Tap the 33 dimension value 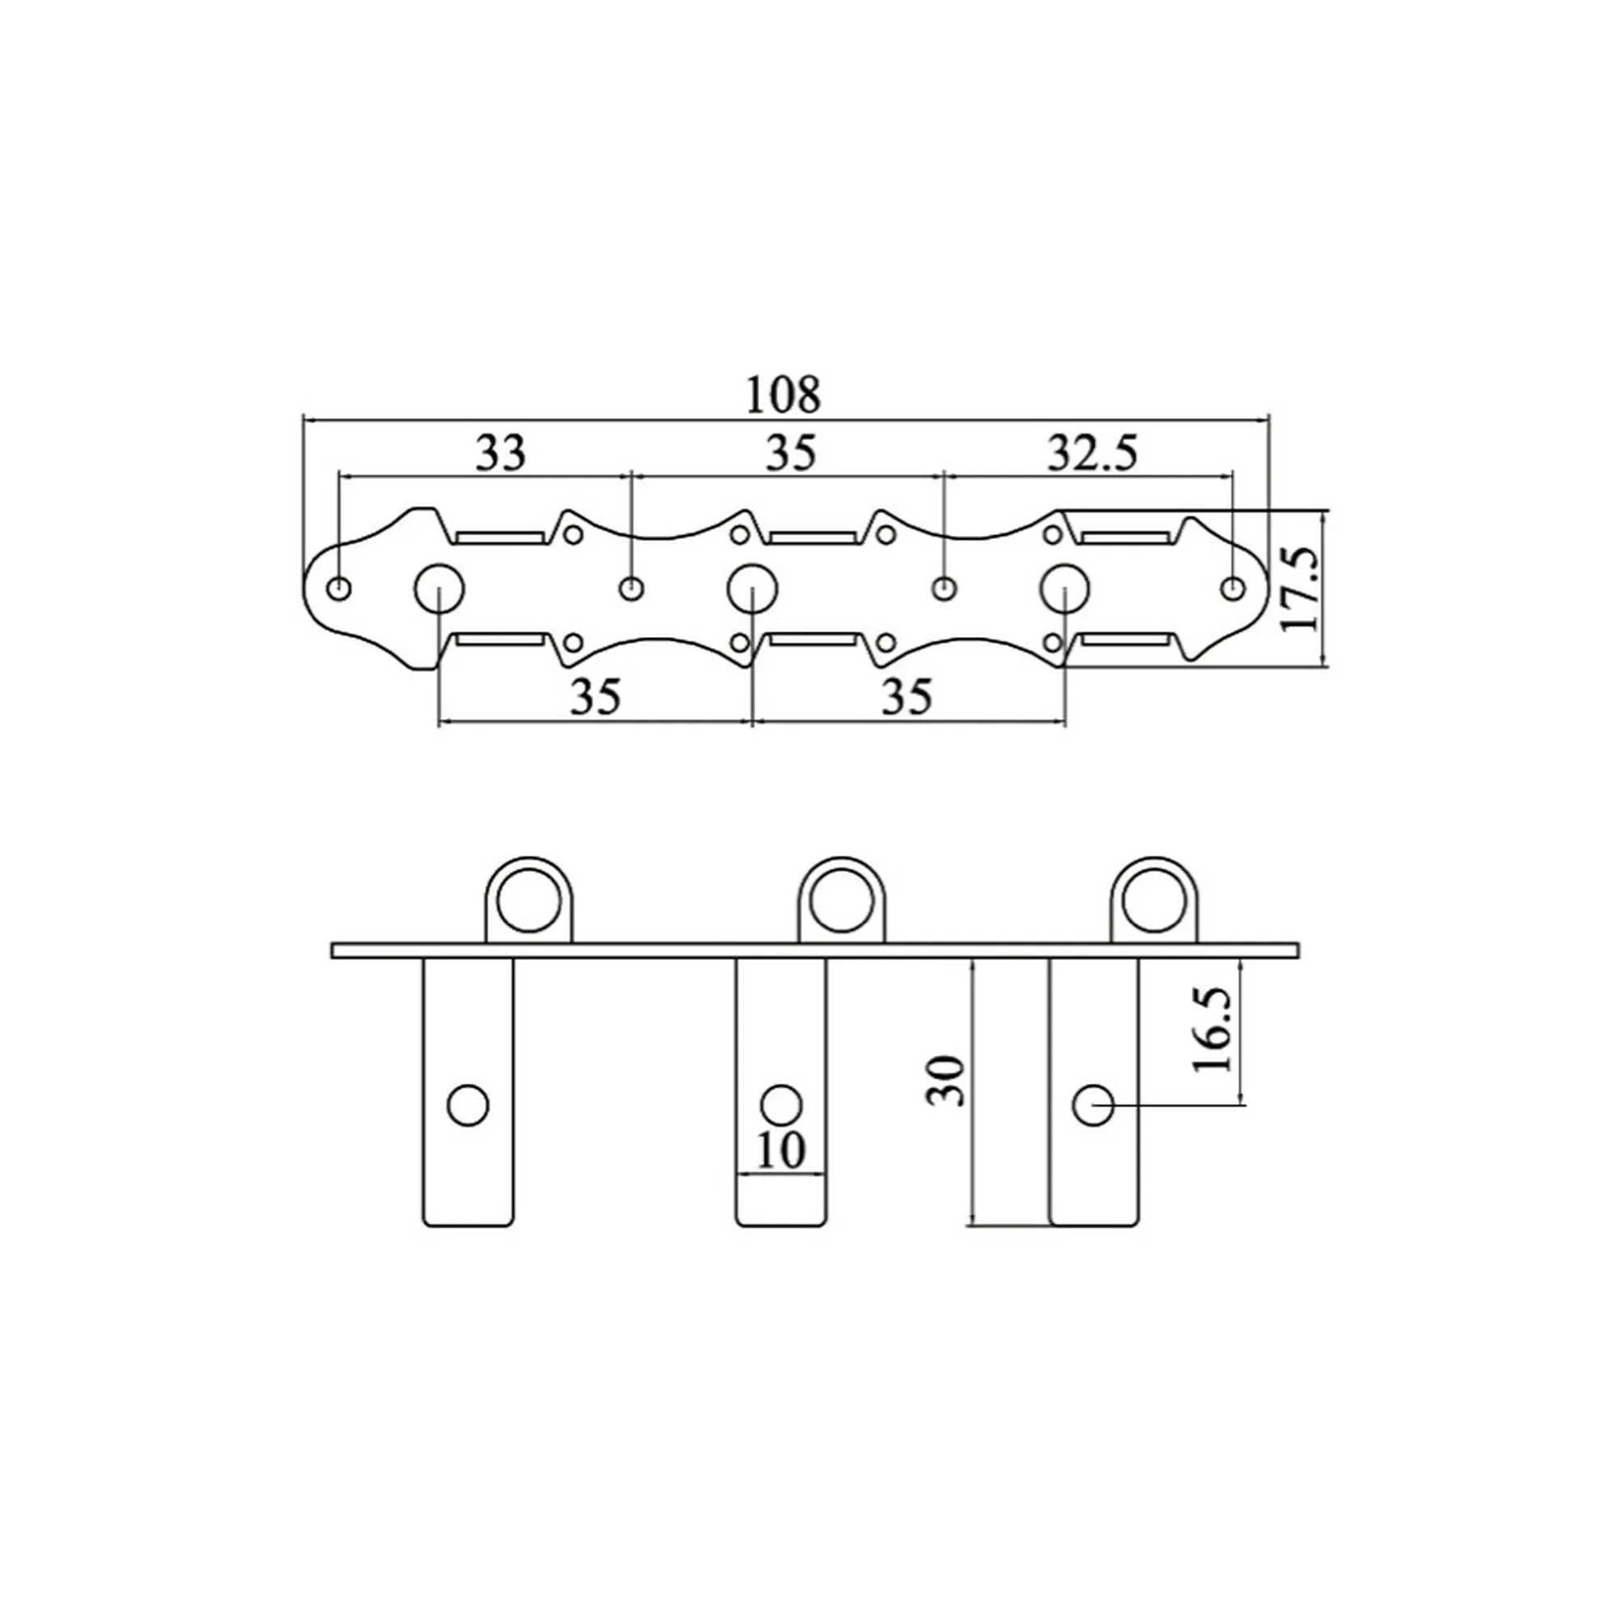pos(501,453)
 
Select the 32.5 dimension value pos(1092,453)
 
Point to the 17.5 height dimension pos(1301,589)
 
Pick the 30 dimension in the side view pos(947,1080)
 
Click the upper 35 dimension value pos(790,453)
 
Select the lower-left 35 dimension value pos(595,695)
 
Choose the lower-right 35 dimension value pos(907,695)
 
